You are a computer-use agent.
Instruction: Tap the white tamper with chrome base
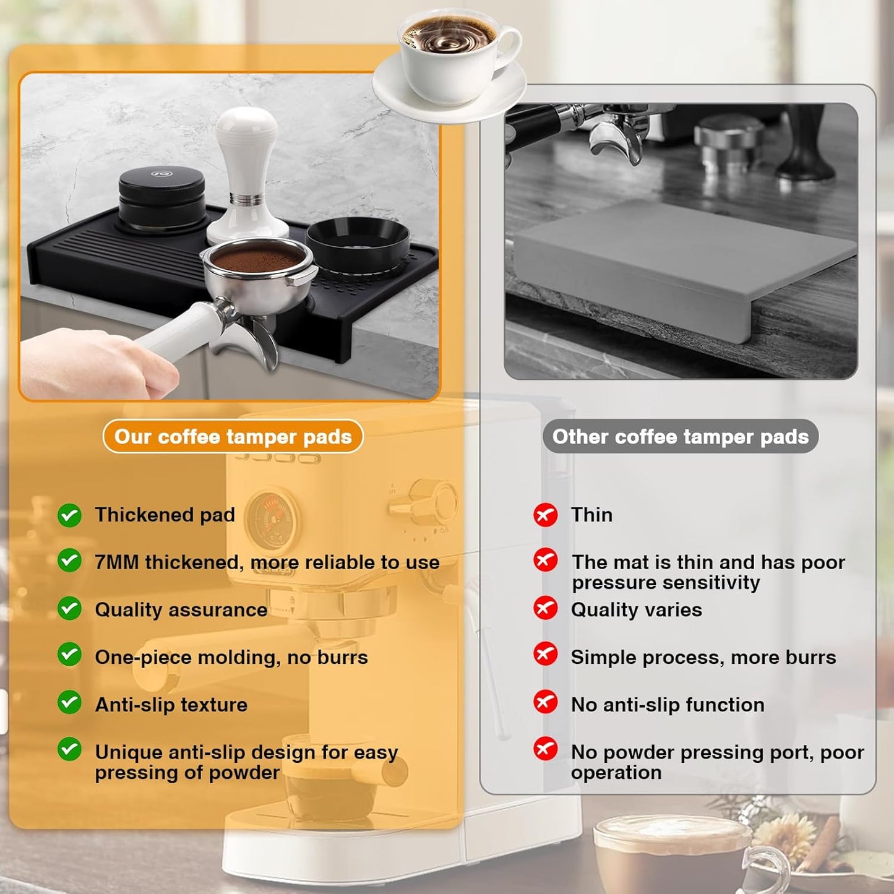(x=247, y=173)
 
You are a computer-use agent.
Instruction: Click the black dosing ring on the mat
(x=357, y=241)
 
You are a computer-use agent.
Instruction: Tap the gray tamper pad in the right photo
(x=681, y=260)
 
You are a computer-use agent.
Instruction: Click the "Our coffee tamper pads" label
(x=233, y=437)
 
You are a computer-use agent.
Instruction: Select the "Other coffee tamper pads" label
(x=680, y=437)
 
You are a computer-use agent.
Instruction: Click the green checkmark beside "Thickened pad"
(x=69, y=515)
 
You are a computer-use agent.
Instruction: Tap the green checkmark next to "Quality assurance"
(x=69, y=609)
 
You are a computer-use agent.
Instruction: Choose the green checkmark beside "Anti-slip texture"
(x=69, y=703)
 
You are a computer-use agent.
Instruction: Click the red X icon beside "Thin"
(x=545, y=514)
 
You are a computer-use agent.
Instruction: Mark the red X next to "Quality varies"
(x=545, y=608)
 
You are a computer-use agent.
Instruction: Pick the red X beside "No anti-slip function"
(x=545, y=703)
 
